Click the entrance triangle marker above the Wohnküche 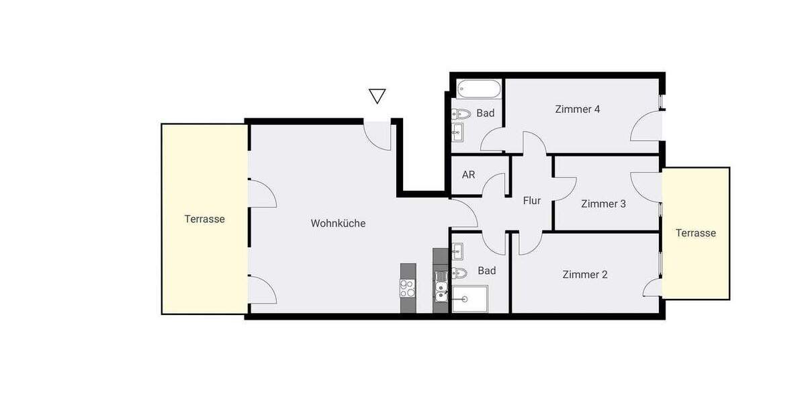click(377, 96)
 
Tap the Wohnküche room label click(338, 223)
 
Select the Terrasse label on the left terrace click(205, 219)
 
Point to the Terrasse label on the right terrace click(696, 233)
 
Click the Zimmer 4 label click(577, 109)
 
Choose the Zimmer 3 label click(603, 204)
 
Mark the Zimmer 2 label click(585, 274)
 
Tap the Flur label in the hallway click(532, 200)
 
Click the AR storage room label click(469, 175)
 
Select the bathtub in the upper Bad click(478, 89)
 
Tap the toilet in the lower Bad click(459, 273)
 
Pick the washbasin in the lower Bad click(459, 252)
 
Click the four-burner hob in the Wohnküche click(408, 288)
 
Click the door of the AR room click(496, 185)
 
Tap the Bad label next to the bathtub click(486, 113)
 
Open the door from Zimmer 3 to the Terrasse click(646, 184)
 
